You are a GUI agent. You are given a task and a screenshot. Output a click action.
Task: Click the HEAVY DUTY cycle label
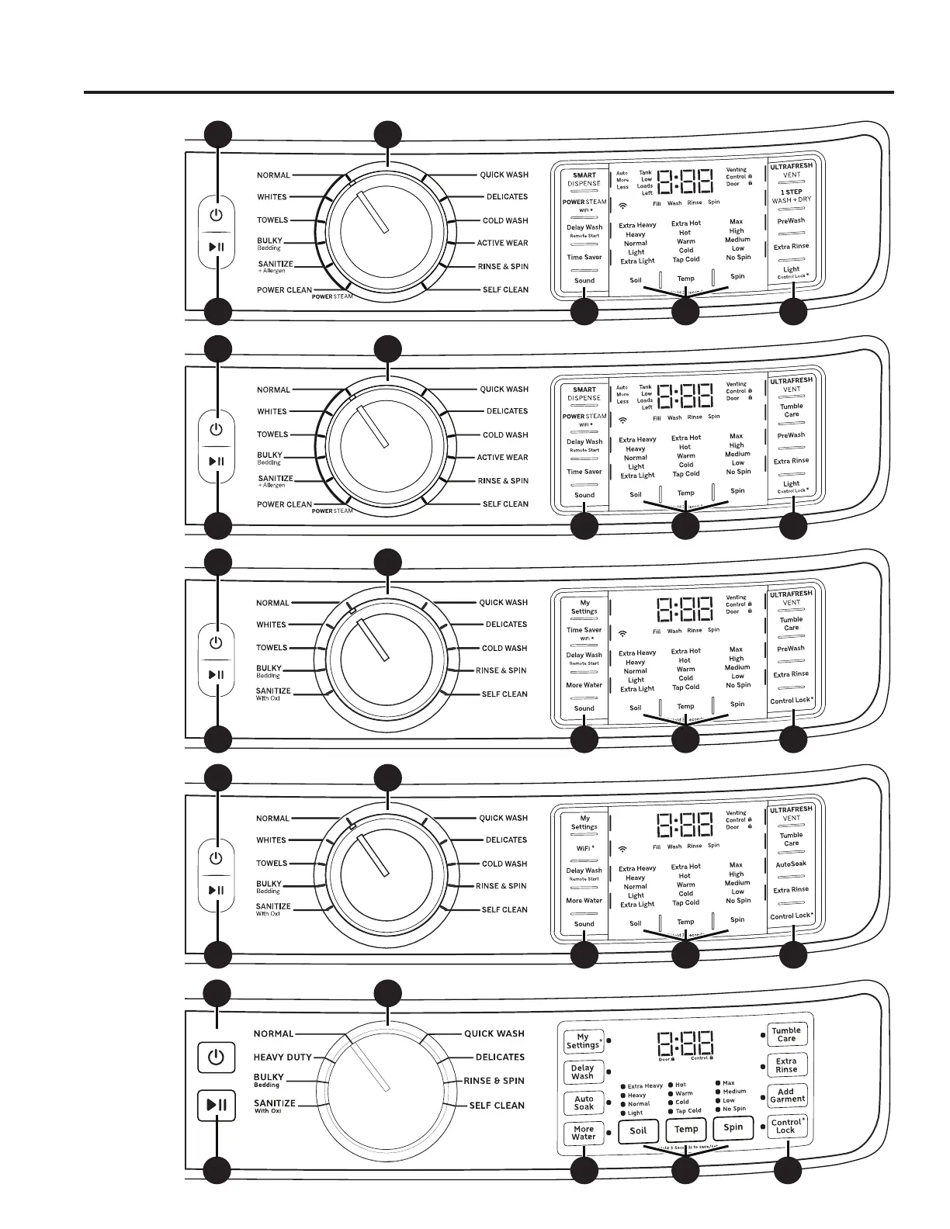point(283,1057)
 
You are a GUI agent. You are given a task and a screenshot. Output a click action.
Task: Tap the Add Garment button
point(786,1096)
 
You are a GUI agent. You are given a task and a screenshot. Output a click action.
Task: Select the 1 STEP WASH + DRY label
point(791,196)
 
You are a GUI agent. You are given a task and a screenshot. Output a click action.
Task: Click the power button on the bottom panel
point(216,1057)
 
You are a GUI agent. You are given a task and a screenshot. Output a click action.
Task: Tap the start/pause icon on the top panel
point(216,248)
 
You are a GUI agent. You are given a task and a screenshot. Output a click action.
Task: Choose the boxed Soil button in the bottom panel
point(638,1130)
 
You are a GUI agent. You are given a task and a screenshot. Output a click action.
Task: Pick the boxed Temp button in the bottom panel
point(686,1130)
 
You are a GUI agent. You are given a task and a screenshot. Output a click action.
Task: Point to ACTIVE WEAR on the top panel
point(502,243)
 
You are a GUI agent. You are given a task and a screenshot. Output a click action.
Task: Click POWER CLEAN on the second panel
point(284,504)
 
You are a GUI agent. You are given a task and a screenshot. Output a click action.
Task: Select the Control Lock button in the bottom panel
point(786,1126)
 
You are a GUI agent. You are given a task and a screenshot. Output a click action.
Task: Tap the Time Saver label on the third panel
point(584,630)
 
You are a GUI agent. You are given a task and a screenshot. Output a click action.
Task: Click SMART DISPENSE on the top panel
point(584,179)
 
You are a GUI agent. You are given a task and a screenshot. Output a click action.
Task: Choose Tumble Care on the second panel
point(791,410)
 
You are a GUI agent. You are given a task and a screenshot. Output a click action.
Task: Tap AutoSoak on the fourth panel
point(791,864)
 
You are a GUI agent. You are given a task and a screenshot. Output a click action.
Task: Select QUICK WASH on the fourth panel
point(503,818)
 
